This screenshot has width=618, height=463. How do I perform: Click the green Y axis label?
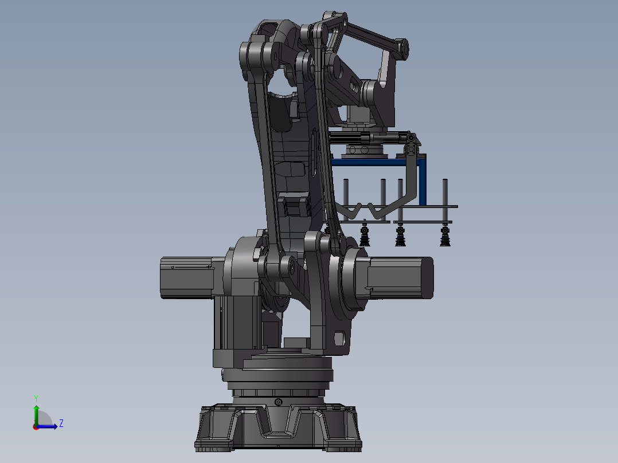[36, 398]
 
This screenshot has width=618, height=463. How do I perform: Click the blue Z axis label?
[61, 423]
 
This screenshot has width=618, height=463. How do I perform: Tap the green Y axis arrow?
[36, 415]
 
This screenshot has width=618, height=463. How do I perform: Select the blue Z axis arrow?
[47, 426]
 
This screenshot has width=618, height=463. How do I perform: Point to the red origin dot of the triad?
[36, 427]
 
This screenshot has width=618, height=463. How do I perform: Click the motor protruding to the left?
[187, 277]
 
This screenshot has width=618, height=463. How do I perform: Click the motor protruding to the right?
[400, 277]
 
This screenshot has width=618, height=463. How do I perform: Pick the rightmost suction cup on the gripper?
[445, 236]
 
